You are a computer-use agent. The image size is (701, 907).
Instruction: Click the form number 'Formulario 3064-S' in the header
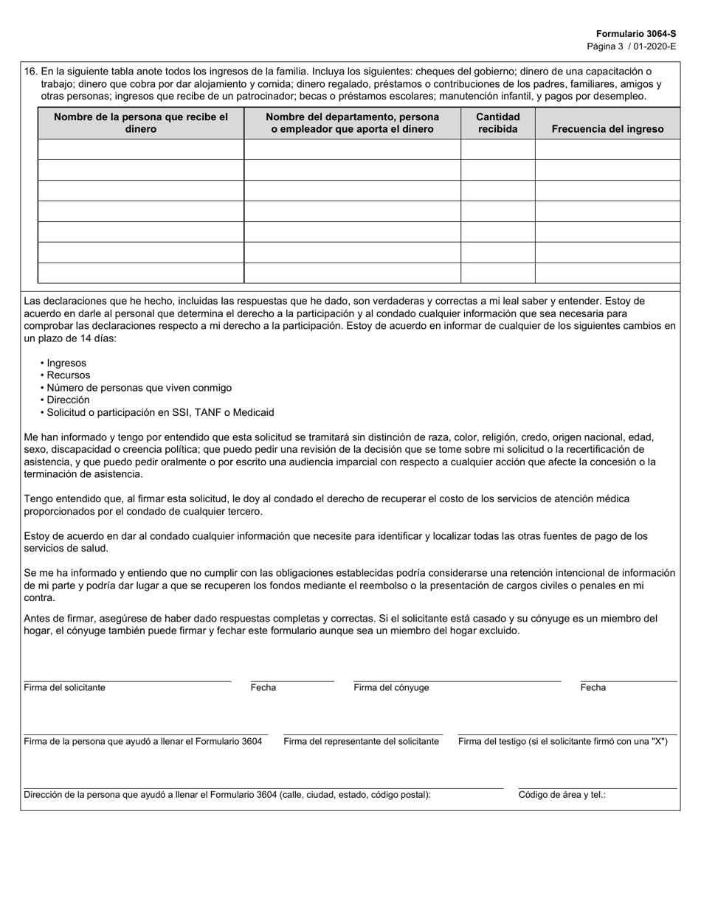click(x=635, y=34)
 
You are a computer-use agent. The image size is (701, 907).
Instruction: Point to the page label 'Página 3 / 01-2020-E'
click(x=631, y=46)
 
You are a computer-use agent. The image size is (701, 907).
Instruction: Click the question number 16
click(x=30, y=72)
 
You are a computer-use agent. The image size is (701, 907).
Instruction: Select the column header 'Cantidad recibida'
click(x=497, y=122)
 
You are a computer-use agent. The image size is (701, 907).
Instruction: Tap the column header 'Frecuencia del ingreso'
click(x=607, y=129)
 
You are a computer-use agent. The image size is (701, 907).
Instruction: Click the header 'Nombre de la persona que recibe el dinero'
click(x=141, y=122)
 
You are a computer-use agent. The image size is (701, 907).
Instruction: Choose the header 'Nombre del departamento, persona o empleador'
click(x=352, y=122)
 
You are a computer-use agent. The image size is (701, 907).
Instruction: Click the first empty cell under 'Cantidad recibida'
click(x=497, y=150)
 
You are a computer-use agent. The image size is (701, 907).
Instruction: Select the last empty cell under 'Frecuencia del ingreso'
click(x=607, y=274)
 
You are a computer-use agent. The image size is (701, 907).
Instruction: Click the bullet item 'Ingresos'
click(x=66, y=363)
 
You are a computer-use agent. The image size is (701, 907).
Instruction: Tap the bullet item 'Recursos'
click(x=68, y=375)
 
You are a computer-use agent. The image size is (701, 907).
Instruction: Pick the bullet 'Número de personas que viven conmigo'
click(x=139, y=388)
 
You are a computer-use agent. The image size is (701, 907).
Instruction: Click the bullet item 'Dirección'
click(x=68, y=400)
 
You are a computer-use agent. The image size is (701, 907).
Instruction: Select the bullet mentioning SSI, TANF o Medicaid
click(x=160, y=412)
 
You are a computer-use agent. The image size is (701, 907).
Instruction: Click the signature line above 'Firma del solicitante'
click(x=127, y=680)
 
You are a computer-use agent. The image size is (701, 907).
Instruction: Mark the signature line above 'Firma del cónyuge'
click(x=457, y=680)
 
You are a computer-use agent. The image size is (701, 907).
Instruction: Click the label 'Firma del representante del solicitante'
click(x=361, y=741)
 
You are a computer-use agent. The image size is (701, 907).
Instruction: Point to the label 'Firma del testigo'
click(x=562, y=741)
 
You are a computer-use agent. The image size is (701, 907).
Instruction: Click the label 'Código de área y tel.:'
click(x=562, y=795)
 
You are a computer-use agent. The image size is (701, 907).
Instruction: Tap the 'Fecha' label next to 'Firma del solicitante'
click(x=263, y=687)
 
